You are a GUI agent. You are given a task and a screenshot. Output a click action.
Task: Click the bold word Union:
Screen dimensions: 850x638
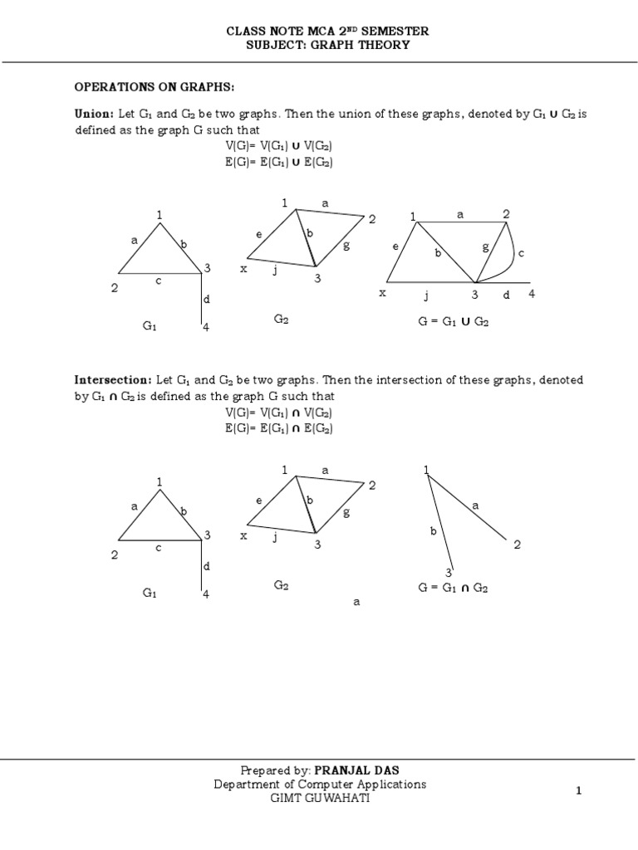pyautogui.click(x=94, y=115)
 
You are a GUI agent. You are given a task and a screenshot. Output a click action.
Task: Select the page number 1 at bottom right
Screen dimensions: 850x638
pyautogui.click(x=579, y=791)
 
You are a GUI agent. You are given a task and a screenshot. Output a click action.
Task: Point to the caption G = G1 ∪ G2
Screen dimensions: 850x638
pyautogui.click(x=453, y=321)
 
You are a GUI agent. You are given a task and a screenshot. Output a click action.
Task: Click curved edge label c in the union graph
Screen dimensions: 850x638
pyautogui.click(x=521, y=254)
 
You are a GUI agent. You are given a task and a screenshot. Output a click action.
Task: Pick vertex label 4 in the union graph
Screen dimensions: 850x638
pyautogui.click(x=532, y=294)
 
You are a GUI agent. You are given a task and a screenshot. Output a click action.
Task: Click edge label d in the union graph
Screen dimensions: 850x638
pyautogui.click(x=505, y=295)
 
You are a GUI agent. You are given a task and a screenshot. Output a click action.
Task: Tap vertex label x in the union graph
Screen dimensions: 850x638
pyautogui.click(x=383, y=293)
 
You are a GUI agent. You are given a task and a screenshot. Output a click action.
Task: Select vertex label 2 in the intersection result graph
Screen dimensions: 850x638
pyautogui.click(x=517, y=545)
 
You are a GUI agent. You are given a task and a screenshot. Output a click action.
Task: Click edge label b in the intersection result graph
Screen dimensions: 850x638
pyautogui.click(x=433, y=531)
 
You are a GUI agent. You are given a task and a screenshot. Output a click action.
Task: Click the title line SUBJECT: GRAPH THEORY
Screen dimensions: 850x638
pyautogui.click(x=328, y=45)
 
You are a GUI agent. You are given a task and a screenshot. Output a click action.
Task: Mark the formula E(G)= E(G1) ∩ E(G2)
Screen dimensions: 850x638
pyautogui.click(x=278, y=428)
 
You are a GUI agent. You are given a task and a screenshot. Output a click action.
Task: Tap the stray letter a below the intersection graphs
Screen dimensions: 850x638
pyautogui.click(x=356, y=603)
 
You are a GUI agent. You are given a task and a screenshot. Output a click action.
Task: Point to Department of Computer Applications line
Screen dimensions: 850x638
pyautogui.click(x=320, y=784)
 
